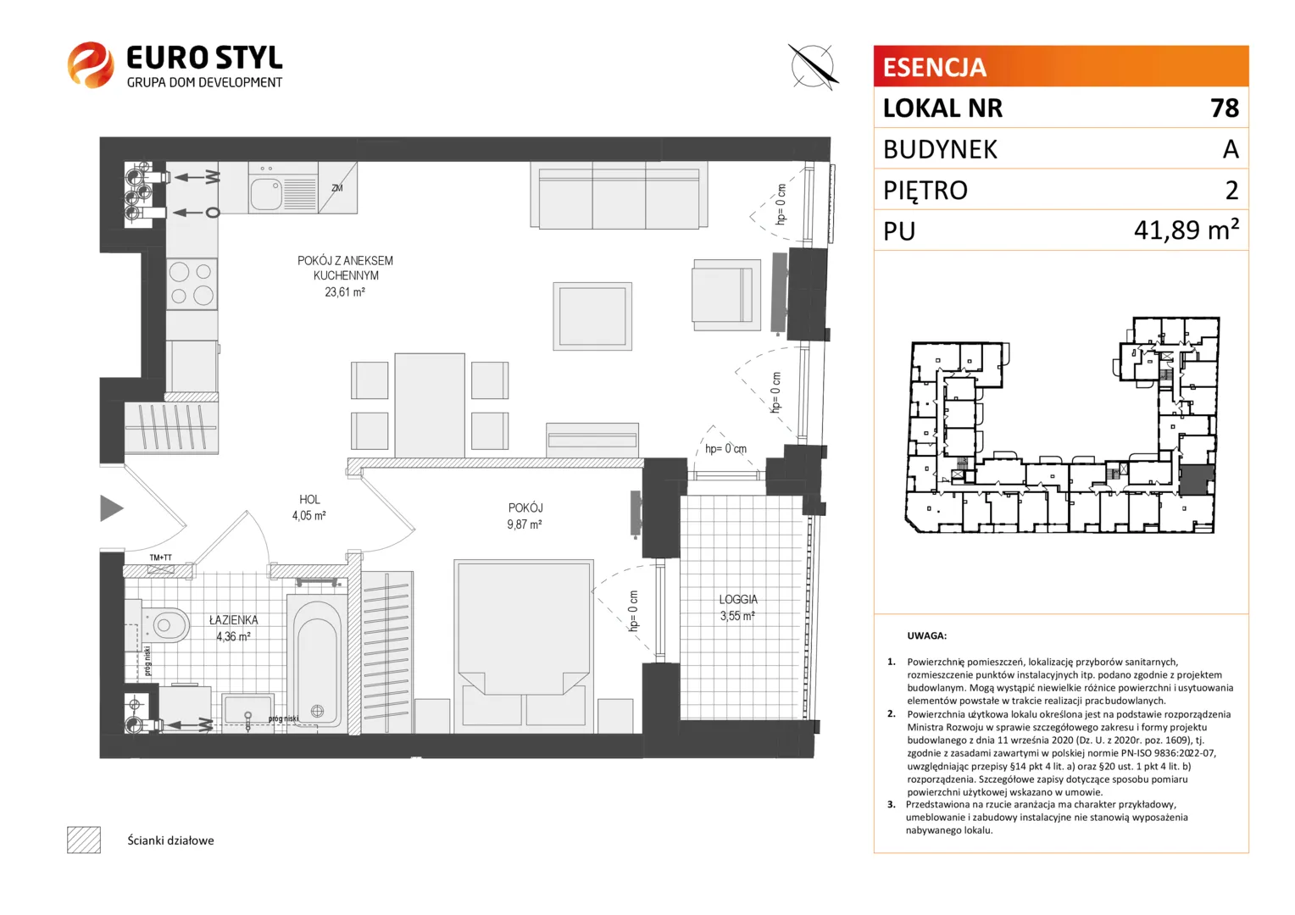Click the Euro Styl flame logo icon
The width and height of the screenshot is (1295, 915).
coord(90,64)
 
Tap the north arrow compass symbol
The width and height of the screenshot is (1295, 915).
coord(813,66)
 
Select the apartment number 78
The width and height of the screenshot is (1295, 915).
coord(1225,108)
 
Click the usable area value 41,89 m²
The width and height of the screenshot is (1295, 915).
coord(1187,230)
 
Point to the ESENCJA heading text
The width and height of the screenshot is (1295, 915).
coord(934,67)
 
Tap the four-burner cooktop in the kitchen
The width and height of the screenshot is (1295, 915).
coord(192,284)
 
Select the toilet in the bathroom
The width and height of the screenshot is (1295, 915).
coord(164,624)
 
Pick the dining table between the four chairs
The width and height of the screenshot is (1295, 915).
coord(430,405)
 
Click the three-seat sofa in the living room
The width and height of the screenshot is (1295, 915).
coord(619,195)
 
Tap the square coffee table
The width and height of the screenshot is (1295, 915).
coord(592,316)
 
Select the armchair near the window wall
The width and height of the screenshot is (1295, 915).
coord(726,295)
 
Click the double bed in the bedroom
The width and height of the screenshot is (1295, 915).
coord(524,646)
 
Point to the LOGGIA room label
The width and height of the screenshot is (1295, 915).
coord(737,599)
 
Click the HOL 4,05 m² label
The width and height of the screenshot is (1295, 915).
coord(309,507)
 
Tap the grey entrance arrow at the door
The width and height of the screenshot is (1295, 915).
coord(112,508)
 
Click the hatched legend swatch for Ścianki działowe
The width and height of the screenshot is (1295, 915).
coord(84,840)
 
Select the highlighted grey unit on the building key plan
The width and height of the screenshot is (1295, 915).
coord(1196,480)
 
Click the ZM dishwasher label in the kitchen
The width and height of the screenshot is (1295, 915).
coord(337,188)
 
